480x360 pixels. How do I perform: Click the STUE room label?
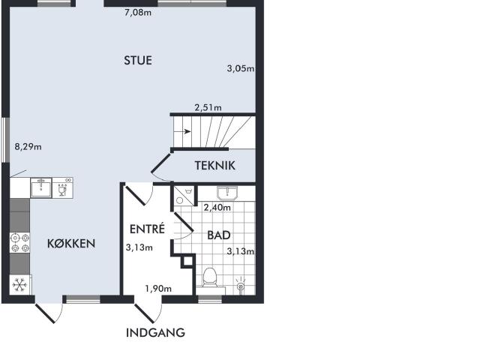138,60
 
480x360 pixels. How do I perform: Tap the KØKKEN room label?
71,243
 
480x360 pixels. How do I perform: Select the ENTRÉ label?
147,229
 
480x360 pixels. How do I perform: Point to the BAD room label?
219,235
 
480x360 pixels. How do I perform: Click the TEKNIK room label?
215,166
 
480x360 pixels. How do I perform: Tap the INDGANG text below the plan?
155,332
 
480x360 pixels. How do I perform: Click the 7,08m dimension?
138,13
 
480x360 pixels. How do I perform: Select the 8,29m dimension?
28,147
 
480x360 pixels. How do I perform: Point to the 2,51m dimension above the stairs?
208,107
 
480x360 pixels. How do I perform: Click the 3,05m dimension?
241,68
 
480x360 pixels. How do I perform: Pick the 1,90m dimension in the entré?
158,289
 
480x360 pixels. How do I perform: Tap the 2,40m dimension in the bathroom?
217,208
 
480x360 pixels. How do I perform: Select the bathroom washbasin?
227,193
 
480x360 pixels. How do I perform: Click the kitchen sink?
41,187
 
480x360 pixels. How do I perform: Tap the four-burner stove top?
20,242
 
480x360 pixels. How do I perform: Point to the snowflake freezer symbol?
20,285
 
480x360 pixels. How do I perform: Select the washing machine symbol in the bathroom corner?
184,195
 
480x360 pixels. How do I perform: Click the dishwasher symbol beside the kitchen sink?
63,187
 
